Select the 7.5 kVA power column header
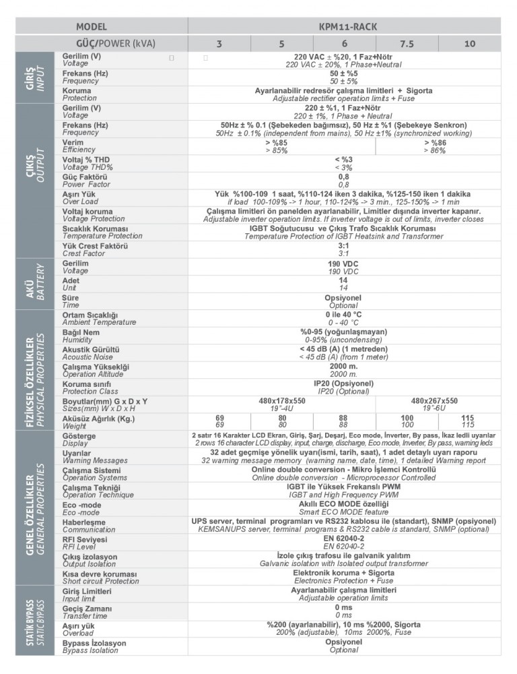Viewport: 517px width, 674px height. point(407,44)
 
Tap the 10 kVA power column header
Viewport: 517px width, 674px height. point(470,44)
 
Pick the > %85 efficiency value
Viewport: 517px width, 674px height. point(276,146)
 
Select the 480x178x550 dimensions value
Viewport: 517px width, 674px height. point(281,404)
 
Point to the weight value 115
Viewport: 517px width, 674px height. point(469,422)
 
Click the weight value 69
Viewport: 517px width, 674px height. point(219,422)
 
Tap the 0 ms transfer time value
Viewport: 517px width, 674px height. point(344,611)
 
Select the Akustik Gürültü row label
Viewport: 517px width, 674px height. point(90,353)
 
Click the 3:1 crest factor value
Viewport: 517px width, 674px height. point(344,249)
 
